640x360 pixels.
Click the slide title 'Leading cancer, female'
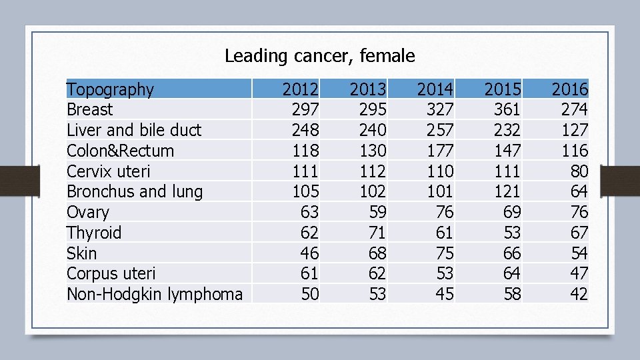pos(319,56)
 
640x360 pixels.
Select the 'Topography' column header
pos(110,89)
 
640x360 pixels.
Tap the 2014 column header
pos(435,89)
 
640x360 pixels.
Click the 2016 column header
pos(569,89)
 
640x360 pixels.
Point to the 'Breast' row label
pos(90,110)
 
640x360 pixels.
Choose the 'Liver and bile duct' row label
pos(134,130)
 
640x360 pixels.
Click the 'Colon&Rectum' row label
pos(120,151)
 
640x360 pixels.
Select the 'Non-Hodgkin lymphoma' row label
pos(155,294)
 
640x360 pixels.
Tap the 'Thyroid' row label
pos(94,233)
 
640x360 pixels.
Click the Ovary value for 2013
pos(377,212)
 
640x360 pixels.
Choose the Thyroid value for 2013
pos(377,233)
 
